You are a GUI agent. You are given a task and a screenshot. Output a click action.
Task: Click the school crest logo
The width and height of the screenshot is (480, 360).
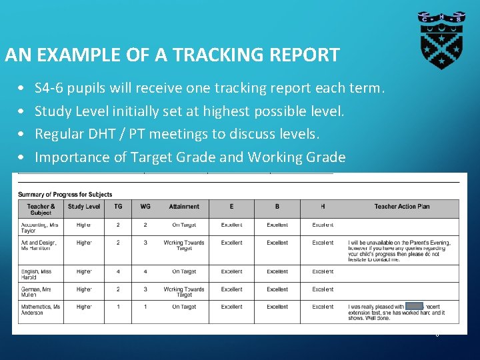[x=441, y=40]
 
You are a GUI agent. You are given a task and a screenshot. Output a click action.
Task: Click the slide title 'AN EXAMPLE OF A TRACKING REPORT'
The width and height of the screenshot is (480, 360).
[x=172, y=55]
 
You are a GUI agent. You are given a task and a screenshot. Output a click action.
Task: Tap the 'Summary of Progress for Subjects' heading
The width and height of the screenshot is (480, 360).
[x=64, y=194]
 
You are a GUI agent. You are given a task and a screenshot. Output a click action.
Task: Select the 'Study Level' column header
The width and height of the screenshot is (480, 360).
[x=84, y=207]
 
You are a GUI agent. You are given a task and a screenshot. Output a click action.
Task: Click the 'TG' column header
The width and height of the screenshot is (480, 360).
[x=118, y=207]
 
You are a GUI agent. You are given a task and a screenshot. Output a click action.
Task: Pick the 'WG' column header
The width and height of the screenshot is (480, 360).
[x=145, y=207]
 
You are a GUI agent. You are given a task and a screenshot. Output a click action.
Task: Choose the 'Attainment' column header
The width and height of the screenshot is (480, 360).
[x=184, y=207]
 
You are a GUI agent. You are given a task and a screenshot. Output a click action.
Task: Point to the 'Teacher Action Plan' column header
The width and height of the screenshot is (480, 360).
[x=402, y=207]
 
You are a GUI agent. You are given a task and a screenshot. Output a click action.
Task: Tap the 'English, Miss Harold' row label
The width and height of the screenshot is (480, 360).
[x=37, y=274]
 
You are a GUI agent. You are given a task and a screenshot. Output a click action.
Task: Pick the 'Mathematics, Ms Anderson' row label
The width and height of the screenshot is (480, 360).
[x=40, y=309]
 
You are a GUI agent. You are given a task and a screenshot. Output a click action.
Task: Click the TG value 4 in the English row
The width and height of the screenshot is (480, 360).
[x=118, y=271]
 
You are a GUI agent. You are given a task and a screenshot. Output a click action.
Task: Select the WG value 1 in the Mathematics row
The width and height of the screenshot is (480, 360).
[x=145, y=307]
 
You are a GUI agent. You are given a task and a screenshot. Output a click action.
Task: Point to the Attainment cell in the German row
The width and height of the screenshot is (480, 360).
[x=184, y=292]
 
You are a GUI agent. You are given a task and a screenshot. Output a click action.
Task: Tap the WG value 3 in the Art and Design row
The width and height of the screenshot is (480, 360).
[x=145, y=243]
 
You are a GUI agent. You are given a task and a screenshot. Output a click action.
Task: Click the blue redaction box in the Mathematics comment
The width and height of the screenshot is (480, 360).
[x=414, y=306]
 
